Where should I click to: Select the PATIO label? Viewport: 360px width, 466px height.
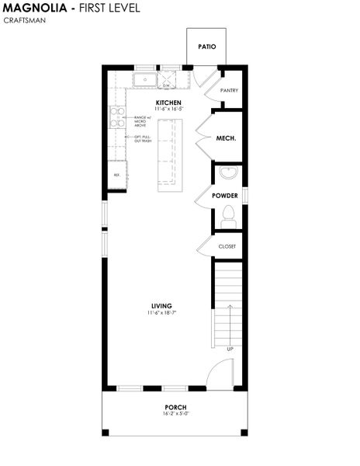pos(206,47)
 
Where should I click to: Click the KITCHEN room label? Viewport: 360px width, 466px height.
pos(168,103)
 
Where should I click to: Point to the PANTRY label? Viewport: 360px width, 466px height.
pos(229,90)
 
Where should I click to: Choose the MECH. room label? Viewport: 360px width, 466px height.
pos(226,138)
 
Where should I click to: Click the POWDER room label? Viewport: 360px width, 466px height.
pos(225,195)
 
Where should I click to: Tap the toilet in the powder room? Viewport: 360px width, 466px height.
pos(228,215)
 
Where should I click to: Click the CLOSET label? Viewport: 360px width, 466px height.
pos(227,246)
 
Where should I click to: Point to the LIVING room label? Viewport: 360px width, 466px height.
pos(161,305)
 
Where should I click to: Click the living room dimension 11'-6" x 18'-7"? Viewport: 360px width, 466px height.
pos(161,313)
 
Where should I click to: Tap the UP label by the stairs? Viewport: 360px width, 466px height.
pos(230,349)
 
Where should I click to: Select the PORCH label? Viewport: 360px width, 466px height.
pos(175,407)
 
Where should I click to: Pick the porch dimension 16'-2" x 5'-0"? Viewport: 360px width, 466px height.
pos(175,414)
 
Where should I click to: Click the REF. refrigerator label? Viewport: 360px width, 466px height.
pos(117,175)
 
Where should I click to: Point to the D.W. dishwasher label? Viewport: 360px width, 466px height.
pos(166,85)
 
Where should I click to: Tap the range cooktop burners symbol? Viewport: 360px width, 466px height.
pos(117,117)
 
